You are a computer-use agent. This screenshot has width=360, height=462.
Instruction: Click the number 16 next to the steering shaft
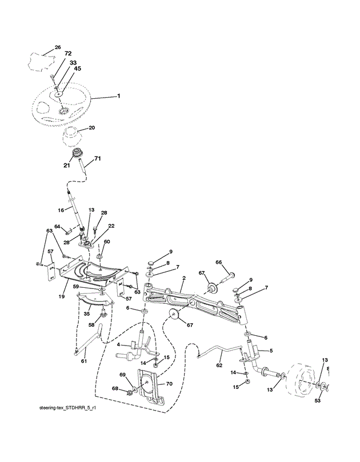(60, 211)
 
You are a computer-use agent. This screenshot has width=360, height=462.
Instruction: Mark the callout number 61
(83, 360)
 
